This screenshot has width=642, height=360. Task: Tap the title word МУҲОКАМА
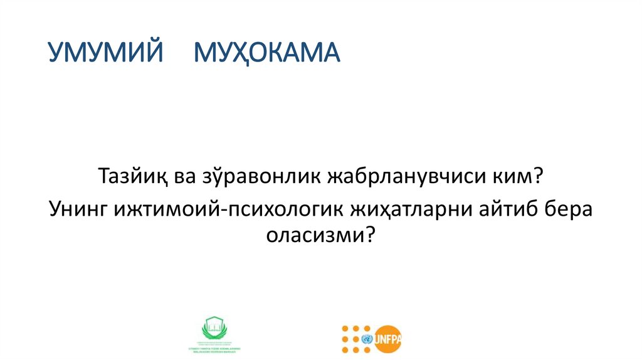point(266,54)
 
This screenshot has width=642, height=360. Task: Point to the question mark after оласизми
point(369,236)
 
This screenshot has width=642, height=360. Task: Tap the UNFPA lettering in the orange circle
point(388,339)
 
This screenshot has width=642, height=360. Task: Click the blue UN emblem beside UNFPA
point(367,339)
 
